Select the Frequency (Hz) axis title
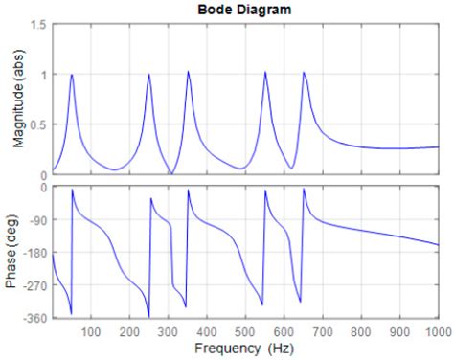pos(244,349)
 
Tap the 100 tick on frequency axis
pos(91,332)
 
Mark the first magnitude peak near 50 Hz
pos(72,75)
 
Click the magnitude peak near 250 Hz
pos(148,75)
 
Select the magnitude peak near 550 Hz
pos(264,72)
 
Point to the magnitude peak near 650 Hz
pos(304,72)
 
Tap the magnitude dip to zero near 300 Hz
pos(170,173)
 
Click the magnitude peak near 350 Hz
pos(188,72)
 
